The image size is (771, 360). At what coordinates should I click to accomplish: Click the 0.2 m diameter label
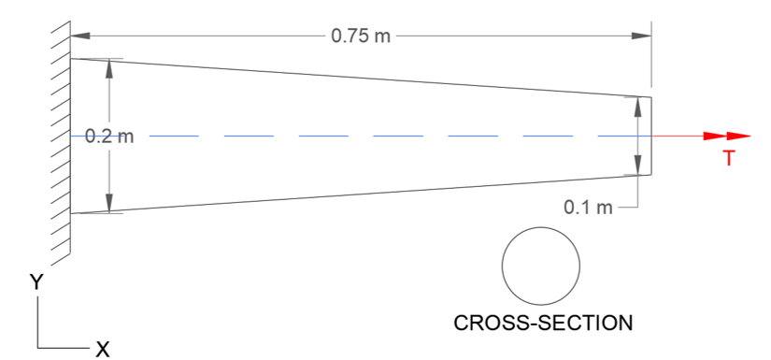pyautogui.click(x=109, y=137)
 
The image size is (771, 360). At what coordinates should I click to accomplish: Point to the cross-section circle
pyautogui.click(x=540, y=265)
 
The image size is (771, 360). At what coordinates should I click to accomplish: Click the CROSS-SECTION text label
pyautogui.click(x=543, y=324)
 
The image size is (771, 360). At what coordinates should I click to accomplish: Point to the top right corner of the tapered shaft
pyautogui.click(x=650, y=96)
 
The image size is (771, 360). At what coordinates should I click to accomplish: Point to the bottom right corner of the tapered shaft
pyautogui.click(x=650, y=175)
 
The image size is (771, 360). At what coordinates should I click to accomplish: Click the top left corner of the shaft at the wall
pyautogui.click(x=71, y=59)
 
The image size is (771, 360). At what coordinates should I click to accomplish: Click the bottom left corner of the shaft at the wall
pyautogui.click(x=71, y=213)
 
